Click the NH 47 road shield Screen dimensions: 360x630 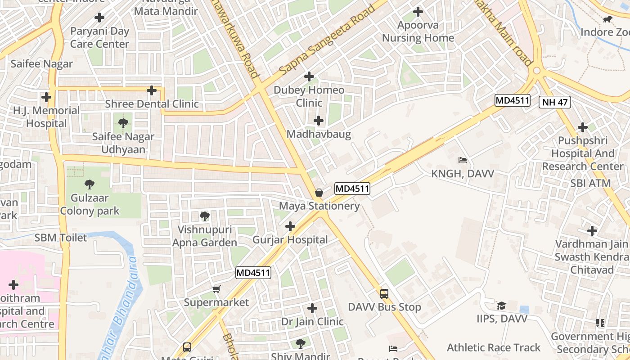tap(554, 102)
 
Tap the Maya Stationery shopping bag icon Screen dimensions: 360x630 tap(319, 193)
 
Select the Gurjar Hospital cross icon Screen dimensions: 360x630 tap(290, 226)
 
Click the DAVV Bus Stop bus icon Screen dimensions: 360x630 tap(384, 294)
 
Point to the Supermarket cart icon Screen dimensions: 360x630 tap(216, 289)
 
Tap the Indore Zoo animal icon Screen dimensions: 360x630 tap(607, 19)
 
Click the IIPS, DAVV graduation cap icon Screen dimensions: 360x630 tap(501, 306)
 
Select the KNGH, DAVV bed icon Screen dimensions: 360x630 tap(462, 160)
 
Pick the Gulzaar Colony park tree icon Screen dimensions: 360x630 tap(90, 184)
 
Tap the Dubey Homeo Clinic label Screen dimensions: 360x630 tap(309, 96)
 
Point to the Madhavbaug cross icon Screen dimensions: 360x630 tap(319, 121)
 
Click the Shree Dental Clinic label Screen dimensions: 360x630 tap(152, 104)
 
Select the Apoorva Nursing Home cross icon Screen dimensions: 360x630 tap(418, 12)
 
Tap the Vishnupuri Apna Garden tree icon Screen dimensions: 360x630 tap(205, 216)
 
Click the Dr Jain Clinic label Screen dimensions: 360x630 tap(312, 322)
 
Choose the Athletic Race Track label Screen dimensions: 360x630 tap(494, 347)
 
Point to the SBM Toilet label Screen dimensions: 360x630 tap(61, 238)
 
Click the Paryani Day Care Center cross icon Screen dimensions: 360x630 tap(99, 18)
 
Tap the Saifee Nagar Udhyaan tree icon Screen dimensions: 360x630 tap(123, 123)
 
